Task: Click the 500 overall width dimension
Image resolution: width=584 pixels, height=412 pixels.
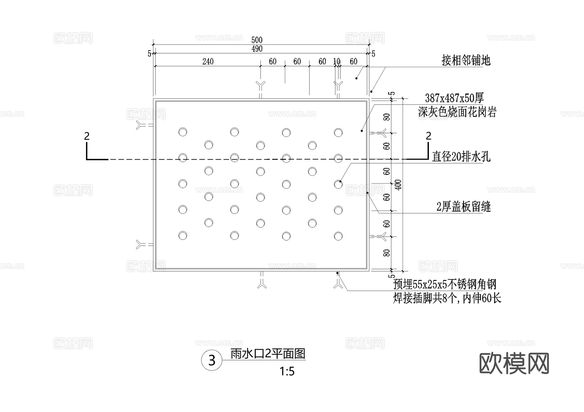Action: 257,40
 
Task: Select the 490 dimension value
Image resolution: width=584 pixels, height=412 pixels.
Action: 257,49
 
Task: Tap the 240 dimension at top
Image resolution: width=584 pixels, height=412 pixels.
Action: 208,61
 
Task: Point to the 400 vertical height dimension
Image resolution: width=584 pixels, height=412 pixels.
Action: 399,185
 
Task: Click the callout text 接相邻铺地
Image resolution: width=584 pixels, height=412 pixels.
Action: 466,61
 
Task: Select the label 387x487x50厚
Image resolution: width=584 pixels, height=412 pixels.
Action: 454,98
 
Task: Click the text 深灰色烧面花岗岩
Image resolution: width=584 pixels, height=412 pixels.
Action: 457,112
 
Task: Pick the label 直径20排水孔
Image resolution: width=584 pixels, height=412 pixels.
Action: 461,157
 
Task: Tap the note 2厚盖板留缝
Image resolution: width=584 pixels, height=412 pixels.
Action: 463,207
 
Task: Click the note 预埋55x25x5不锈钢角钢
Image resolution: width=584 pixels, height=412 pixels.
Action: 444,285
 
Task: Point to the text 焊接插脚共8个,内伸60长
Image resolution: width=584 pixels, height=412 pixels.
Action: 447,298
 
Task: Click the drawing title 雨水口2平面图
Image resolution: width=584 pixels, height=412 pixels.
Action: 268,354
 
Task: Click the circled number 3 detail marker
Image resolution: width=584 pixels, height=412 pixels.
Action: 212,360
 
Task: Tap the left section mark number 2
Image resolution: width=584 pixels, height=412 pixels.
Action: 87,136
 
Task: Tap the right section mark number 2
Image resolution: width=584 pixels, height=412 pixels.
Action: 429,136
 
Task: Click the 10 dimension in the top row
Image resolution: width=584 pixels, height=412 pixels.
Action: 336,61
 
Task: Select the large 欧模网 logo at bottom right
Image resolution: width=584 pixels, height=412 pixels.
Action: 514,364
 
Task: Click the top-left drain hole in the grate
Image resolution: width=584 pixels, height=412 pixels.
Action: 183,132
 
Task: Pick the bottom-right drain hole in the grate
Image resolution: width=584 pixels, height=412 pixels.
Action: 338,236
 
